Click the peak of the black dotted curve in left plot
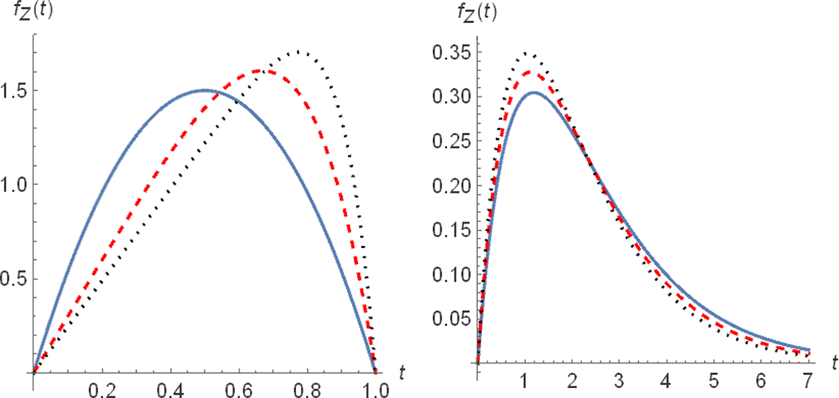298,51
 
